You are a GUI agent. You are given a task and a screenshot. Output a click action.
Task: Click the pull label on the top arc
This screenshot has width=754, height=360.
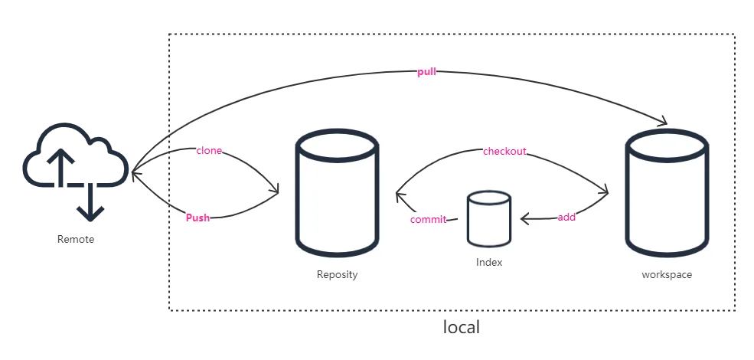426,72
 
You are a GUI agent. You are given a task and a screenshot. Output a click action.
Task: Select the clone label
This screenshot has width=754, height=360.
209,151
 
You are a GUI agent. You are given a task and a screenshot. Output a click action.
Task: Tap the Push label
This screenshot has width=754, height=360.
197,218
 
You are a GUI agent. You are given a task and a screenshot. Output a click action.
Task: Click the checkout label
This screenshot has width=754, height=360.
504,152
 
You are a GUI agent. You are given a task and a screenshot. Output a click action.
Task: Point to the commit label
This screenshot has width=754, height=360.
429,220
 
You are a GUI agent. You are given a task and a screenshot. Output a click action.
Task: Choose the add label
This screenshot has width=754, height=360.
566,218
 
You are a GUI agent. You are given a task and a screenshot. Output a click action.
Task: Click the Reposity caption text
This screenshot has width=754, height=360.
337,274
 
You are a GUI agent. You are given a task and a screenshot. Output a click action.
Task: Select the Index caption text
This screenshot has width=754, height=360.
489,263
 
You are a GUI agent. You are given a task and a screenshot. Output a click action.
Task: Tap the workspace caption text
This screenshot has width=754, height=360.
667,274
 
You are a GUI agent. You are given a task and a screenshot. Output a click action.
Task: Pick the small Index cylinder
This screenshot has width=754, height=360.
489,220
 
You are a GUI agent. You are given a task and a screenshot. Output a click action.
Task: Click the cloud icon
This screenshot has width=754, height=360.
75,161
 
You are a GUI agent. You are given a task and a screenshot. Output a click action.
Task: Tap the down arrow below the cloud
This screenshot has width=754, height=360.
92,211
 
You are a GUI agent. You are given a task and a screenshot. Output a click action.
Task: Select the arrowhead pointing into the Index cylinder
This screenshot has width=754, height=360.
526,219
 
